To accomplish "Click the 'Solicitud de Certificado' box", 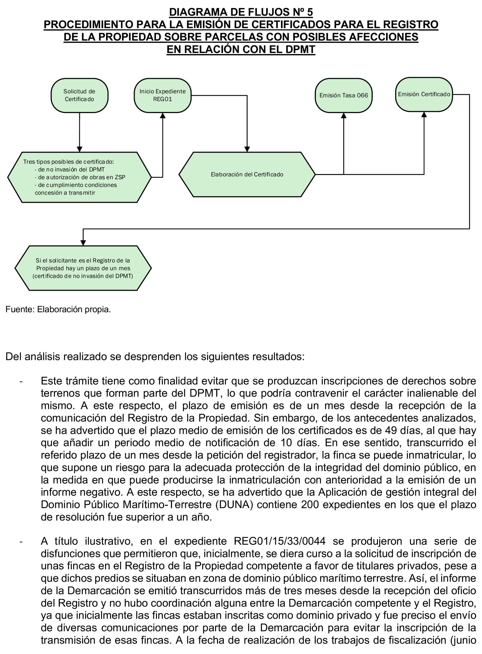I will [x=79, y=95].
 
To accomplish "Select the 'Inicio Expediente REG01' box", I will [x=163, y=95].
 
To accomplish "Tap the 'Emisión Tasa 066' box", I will [x=343, y=95].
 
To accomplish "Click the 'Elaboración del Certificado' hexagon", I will [x=247, y=174].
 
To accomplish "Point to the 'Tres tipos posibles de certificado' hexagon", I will [x=79, y=177].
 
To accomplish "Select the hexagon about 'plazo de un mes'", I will [x=83, y=268].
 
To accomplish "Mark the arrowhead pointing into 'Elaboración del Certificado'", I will [x=247, y=149].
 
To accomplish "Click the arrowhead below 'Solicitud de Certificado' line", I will [x=79, y=149].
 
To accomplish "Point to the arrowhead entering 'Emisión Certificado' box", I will [x=424, y=115].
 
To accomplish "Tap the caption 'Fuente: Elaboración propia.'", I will [x=58, y=310].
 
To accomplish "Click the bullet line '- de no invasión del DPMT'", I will [x=69, y=169].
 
